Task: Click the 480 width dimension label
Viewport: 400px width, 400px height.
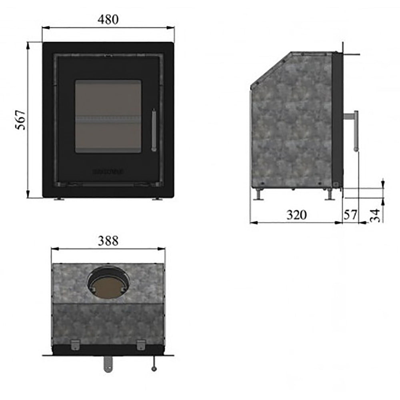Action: tap(108, 19)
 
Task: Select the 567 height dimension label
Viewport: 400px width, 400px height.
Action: tap(20, 120)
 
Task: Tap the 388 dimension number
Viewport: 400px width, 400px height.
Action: tap(108, 241)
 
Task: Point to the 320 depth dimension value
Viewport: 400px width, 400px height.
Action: tap(296, 215)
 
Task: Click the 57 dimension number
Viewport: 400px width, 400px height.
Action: tap(350, 215)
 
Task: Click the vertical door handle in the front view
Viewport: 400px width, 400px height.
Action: tap(154, 130)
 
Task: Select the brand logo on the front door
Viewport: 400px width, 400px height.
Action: tap(108, 172)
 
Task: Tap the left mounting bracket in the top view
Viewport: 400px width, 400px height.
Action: tap(75, 344)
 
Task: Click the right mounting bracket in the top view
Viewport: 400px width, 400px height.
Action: tap(141, 344)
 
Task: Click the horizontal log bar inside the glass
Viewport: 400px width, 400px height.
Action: tap(108, 119)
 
